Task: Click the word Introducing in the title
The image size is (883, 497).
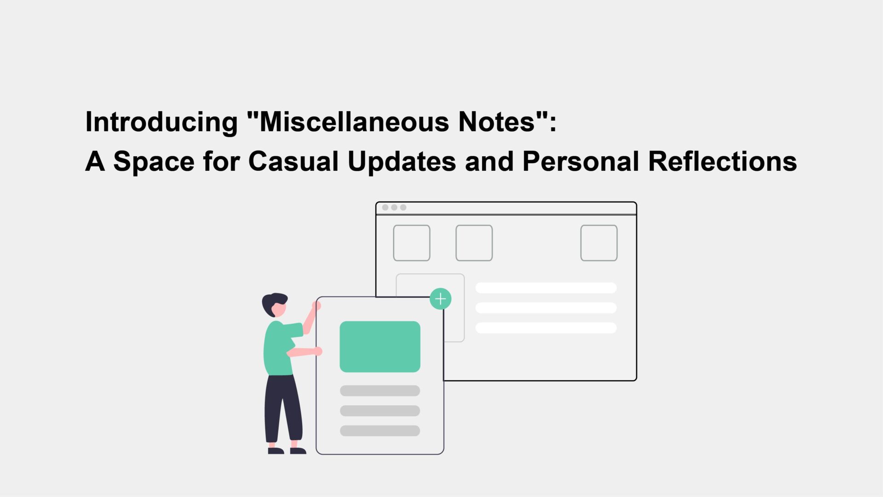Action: [161, 123]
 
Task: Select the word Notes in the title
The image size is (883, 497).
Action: [497, 122]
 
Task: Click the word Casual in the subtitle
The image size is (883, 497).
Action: [293, 162]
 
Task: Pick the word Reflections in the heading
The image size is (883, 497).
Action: [722, 162]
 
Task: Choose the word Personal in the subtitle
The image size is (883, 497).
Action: [580, 162]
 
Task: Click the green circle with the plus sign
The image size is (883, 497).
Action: [441, 299]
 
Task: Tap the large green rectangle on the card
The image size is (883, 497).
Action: [380, 347]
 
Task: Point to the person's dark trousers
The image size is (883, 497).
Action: [282, 409]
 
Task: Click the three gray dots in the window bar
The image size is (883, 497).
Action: [394, 208]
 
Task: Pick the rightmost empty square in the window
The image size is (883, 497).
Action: [599, 243]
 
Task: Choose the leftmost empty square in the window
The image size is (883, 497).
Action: [412, 243]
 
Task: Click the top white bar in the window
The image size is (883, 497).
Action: [546, 288]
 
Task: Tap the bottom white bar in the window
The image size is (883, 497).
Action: [546, 328]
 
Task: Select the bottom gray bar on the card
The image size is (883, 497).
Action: [380, 431]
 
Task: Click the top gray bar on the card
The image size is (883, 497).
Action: [380, 391]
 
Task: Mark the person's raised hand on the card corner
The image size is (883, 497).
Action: [316, 305]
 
